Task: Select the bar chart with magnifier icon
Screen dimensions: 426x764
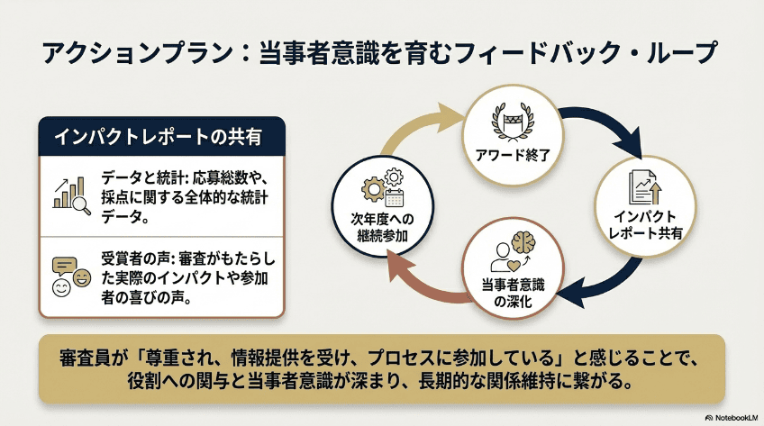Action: tap(69, 191)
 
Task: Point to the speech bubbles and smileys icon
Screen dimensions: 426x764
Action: tap(70, 273)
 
